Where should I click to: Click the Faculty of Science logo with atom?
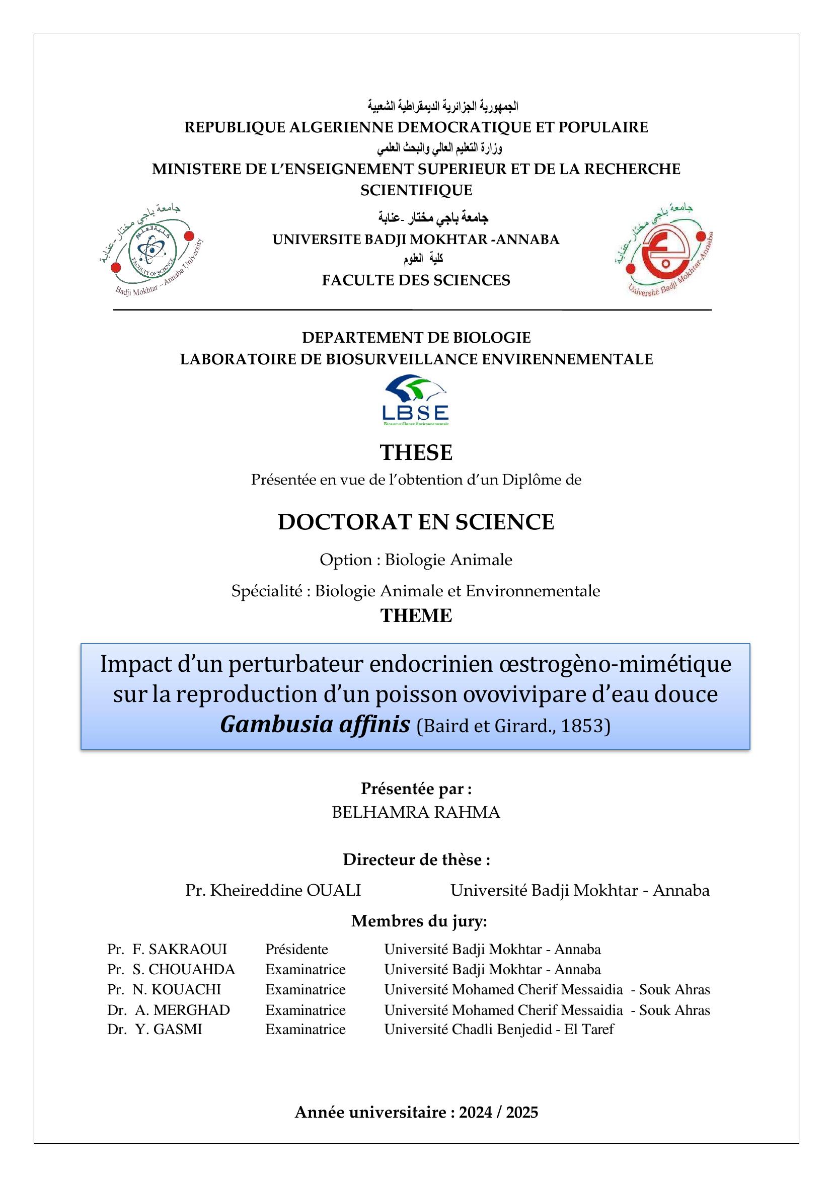tap(152, 251)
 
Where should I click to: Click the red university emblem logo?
tap(665, 251)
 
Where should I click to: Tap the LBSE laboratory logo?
tap(416, 401)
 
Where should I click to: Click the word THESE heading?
tap(416, 452)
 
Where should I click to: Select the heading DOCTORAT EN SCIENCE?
tap(416, 522)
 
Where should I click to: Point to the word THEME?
tap(416, 615)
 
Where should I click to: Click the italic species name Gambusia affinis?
tap(315, 725)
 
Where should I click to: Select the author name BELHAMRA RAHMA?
tap(416, 812)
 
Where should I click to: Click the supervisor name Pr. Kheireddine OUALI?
tap(273, 890)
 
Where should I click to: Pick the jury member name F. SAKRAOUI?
tap(180, 949)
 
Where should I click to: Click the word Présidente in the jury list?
tap(296, 949)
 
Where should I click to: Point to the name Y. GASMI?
tap(169, 1029)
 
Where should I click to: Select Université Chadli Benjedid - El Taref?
tap(499, 1029)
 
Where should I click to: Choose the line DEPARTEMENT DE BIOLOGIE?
tap(416, 338)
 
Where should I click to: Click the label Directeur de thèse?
tap(416, 859)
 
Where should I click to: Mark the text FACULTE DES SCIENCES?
tap(416, 280)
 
